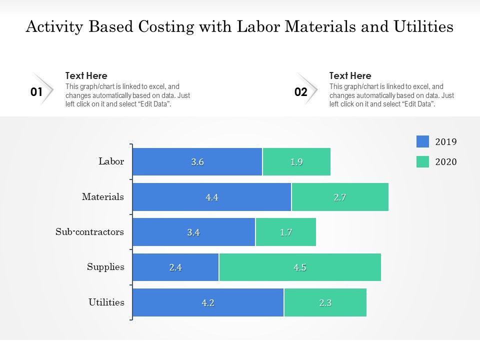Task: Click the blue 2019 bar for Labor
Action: click(197, 161)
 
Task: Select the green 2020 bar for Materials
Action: click(340, 197)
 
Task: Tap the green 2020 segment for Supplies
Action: click(300, 267)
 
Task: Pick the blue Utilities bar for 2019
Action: click(208, 302)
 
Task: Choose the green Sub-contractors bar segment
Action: click(286, 232)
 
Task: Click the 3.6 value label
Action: click(197, 162)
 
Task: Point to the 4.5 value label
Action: click(300, 267)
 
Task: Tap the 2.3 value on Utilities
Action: click(325, 302)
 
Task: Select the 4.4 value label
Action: click(212, 197)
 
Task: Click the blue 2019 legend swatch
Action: click(422, 142)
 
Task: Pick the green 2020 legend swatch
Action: click(422, 162)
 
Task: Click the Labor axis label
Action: click(111, 161)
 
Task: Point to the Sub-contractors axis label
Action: click(90, 232)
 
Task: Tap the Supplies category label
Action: click(105, 267)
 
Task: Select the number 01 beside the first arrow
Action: click(36, 92)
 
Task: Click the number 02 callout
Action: click(300, 92)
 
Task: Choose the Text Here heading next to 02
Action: click(350, 76)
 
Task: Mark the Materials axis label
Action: click(103, 197)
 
